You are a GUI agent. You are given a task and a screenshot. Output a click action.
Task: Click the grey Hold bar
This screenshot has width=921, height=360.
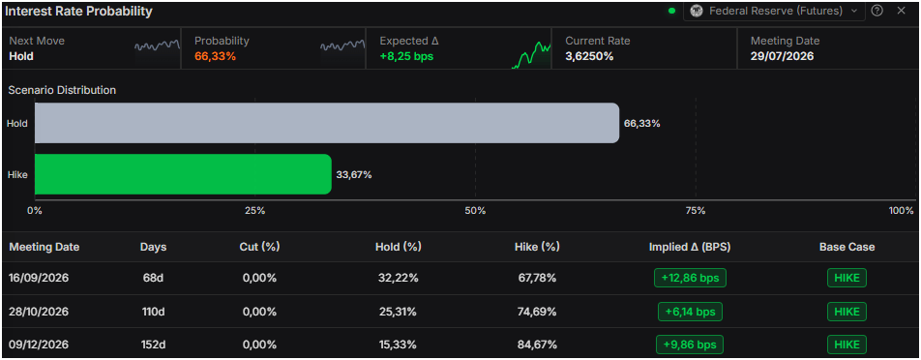point(327,123)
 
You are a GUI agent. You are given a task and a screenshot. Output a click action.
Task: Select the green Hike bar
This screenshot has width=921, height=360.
point(183,174)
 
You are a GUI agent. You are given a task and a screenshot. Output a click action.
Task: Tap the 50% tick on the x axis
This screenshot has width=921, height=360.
point(475,211)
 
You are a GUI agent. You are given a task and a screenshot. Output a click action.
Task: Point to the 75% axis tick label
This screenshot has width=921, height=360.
point(696,211)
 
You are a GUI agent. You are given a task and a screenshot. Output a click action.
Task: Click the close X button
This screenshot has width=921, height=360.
point(901,11)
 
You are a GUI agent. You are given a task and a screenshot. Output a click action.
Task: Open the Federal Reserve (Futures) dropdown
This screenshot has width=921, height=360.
point(774,11)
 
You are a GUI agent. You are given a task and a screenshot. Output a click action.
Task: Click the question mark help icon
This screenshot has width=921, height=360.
point(876,11)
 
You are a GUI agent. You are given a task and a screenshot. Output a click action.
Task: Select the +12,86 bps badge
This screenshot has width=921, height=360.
point(690,278)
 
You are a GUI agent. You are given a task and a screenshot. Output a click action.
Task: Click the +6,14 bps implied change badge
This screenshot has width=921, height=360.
point(690,312)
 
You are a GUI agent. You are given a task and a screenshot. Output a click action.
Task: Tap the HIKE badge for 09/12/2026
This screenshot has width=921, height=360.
point(847,345)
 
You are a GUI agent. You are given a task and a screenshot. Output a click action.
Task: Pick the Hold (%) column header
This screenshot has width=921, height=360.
point(399,247)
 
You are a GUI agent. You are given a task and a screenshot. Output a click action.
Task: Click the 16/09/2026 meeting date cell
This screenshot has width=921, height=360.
point(39,278)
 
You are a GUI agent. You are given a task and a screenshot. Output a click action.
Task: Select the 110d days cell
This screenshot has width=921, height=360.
point(152,312)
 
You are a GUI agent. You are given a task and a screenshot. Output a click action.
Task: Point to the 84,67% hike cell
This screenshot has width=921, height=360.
point(537,345)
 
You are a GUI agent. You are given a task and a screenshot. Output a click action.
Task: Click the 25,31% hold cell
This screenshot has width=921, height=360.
point(399,312)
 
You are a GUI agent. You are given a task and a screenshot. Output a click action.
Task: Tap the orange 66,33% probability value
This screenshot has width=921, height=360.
point(215,56)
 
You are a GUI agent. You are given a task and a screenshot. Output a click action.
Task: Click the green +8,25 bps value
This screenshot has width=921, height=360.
point(406,56)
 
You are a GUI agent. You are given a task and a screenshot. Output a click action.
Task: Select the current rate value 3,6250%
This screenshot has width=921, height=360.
point(589,56)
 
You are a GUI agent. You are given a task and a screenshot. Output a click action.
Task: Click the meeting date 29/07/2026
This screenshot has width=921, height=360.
point(782,56)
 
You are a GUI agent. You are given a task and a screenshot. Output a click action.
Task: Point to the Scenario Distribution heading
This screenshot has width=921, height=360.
point(62,90)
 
